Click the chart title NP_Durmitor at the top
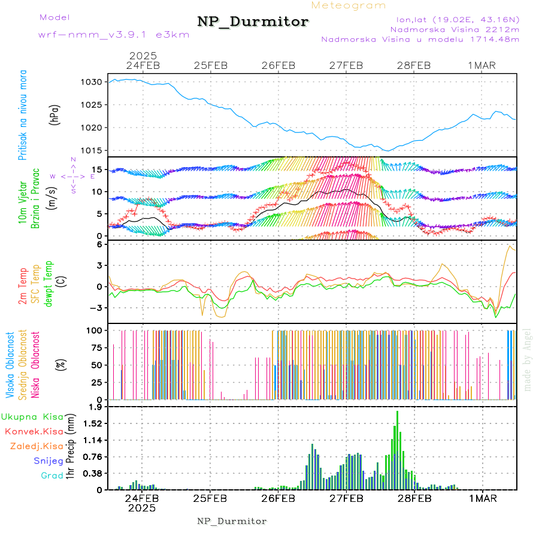(253, 22)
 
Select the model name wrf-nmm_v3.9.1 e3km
(113, 35)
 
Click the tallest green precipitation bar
(397, 449)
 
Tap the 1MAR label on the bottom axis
(482, 498)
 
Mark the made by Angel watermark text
(528, 360)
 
